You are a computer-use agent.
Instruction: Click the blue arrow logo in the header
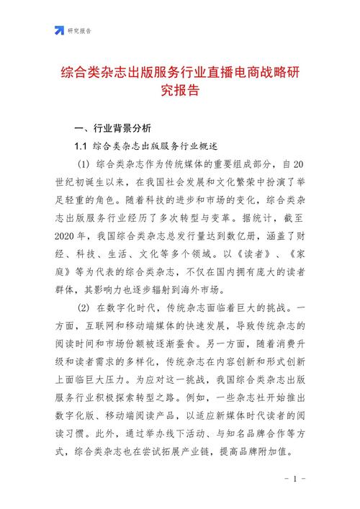[59, 30]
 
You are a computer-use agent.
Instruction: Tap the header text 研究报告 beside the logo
[80, 31]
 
